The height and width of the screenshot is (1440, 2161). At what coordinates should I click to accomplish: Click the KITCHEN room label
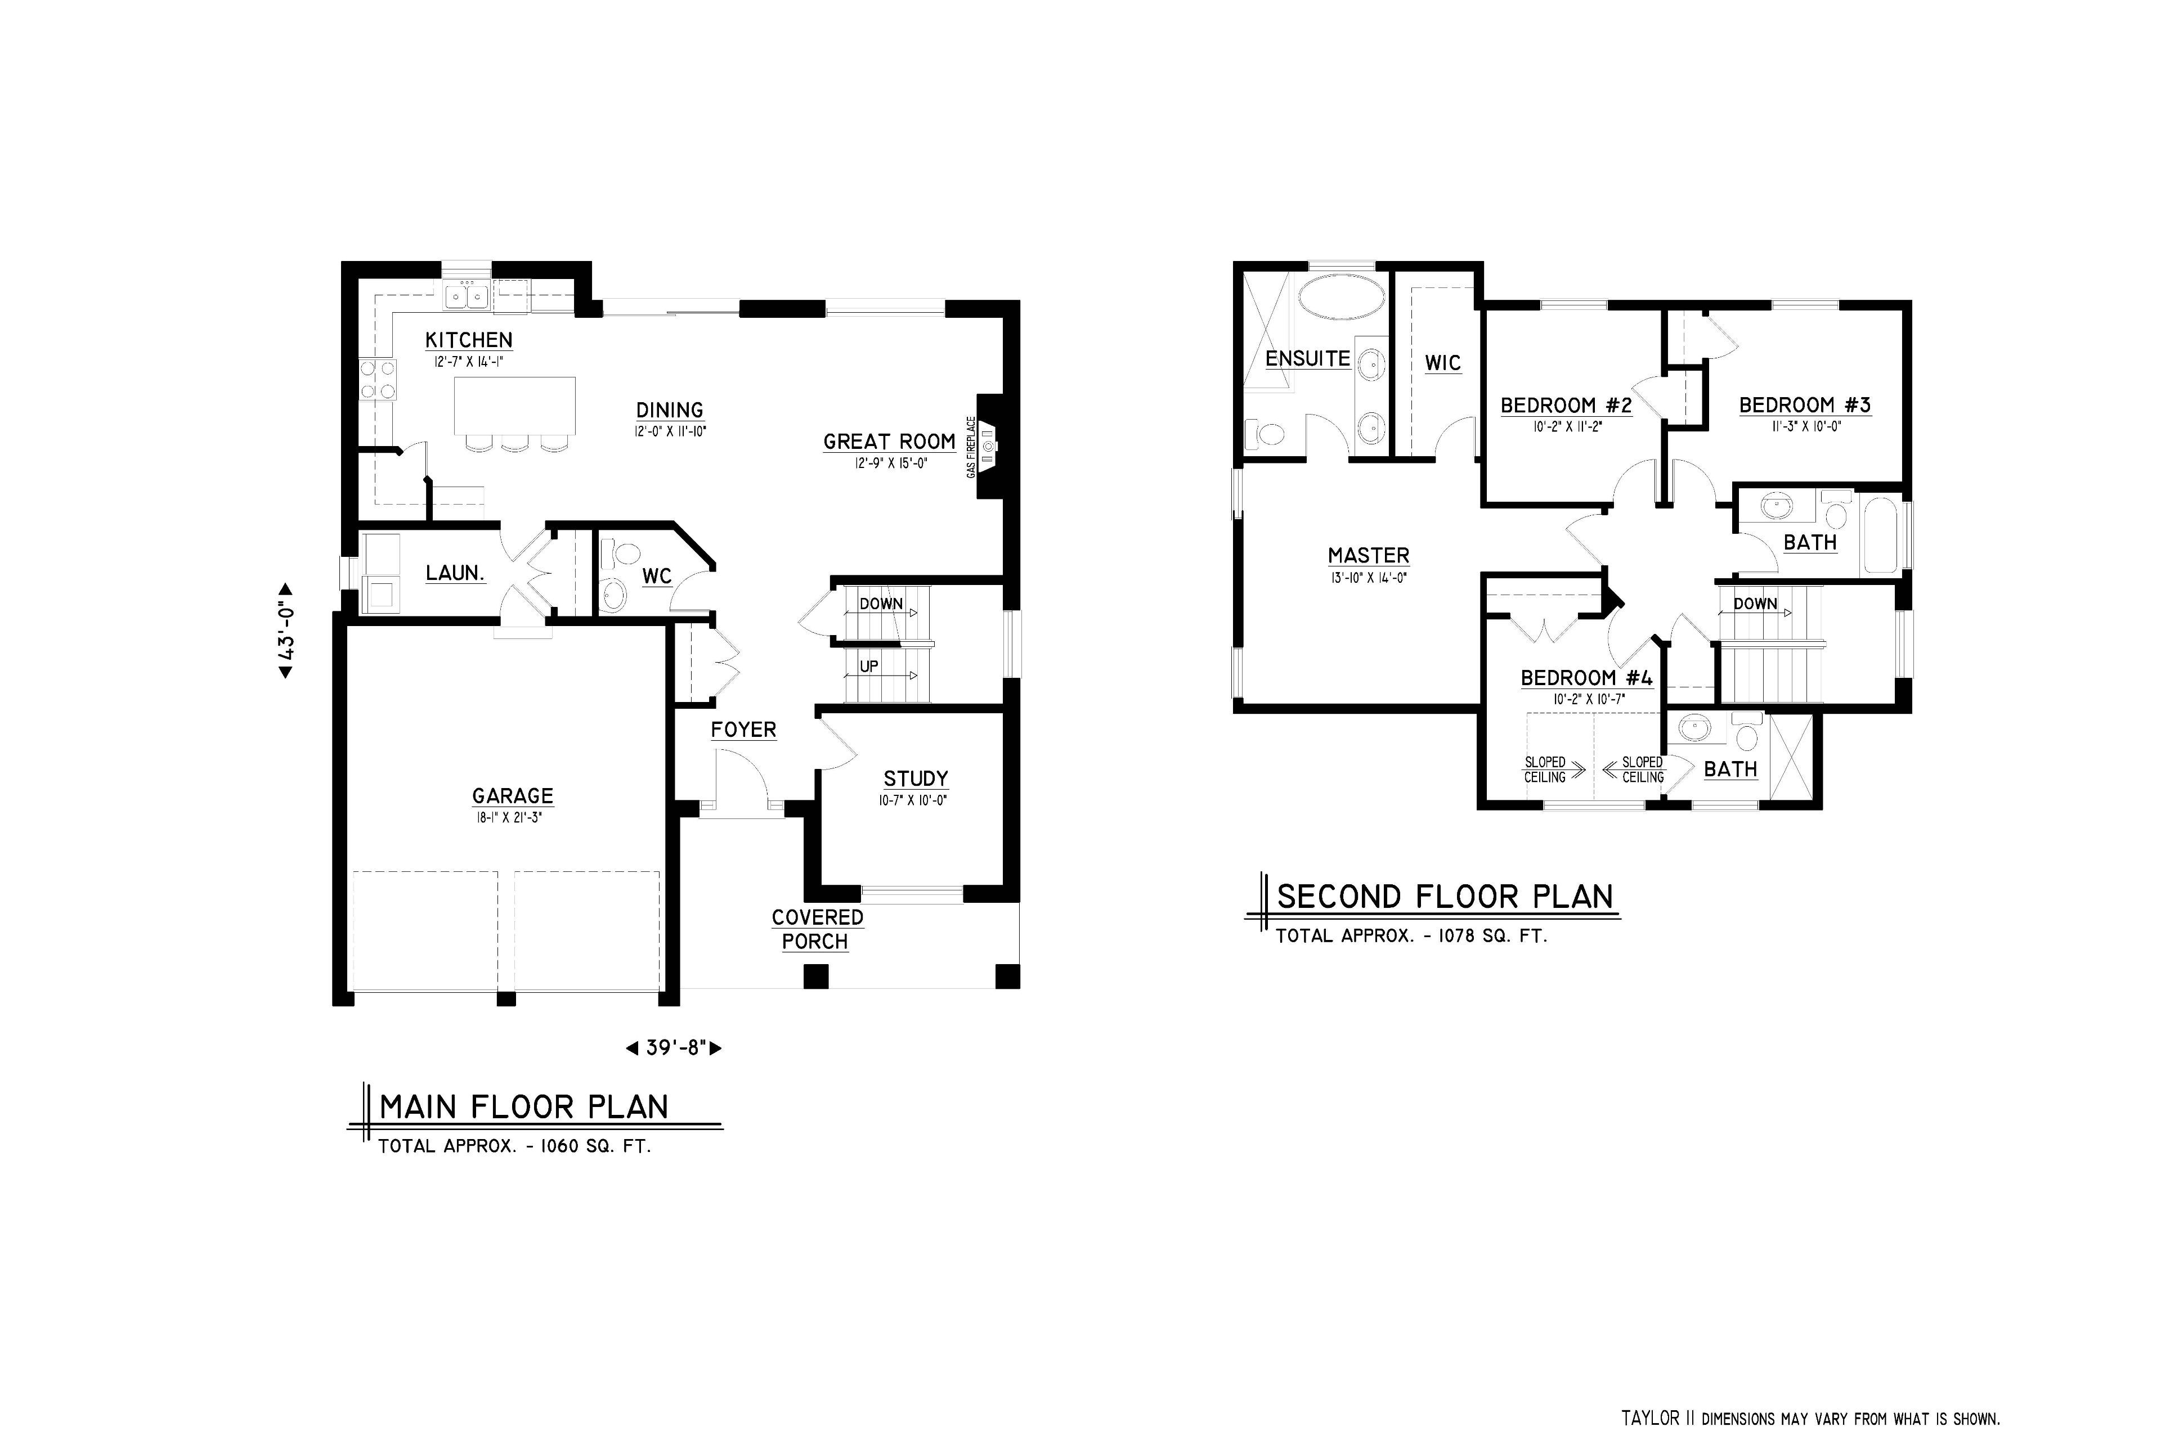click(x=469, y=340)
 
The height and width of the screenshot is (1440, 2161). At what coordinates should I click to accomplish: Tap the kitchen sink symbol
click(x=467, y=296)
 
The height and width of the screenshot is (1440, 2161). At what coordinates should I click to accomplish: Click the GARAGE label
click(x=513, y=796)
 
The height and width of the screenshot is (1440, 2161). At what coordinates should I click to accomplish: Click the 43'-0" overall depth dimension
click(x=286, y=631)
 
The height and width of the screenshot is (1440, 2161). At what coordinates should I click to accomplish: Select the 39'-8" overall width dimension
click(x=674, y=1047)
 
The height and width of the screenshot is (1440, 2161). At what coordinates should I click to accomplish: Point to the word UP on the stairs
click(x=868, y=666)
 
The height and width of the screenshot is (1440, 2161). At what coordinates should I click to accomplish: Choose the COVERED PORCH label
click(x=816, y=929)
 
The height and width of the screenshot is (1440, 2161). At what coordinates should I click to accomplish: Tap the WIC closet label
click(x=1442, y=363)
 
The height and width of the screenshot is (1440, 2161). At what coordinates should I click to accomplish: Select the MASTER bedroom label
click(x=1368, y=556)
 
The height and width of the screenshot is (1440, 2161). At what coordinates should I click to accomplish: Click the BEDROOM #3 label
click(x=1805, y=405)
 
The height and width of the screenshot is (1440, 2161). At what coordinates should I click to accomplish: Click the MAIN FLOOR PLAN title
click(x=524, y=1106)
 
